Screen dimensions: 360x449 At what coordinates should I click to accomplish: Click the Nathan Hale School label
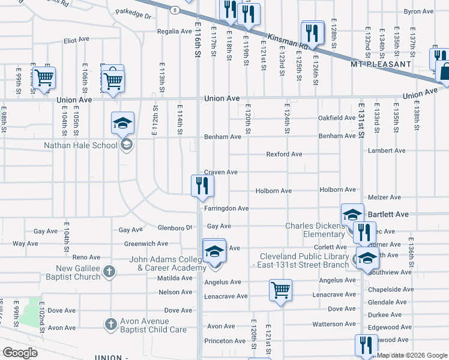coord(80,145)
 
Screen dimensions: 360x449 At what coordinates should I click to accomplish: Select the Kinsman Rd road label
coord(288,41)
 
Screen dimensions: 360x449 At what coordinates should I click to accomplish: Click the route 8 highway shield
coord(173,10)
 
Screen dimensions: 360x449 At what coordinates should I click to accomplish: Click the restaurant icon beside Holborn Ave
coord(202,185)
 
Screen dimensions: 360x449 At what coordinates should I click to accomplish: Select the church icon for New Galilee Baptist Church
coord(109,271)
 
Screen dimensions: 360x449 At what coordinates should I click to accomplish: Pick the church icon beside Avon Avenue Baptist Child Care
coord(110,325)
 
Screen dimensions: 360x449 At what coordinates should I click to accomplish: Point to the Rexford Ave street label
coord(284,154)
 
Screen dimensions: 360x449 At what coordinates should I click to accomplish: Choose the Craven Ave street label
coord(221,172)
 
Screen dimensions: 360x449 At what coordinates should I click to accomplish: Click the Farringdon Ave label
coord(226,208)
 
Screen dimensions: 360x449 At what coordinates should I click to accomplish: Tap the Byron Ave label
coord(418,11)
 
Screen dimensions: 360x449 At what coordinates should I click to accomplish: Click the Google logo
coord(20,353)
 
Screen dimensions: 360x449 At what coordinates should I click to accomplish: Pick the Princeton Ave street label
coord(225,341)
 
